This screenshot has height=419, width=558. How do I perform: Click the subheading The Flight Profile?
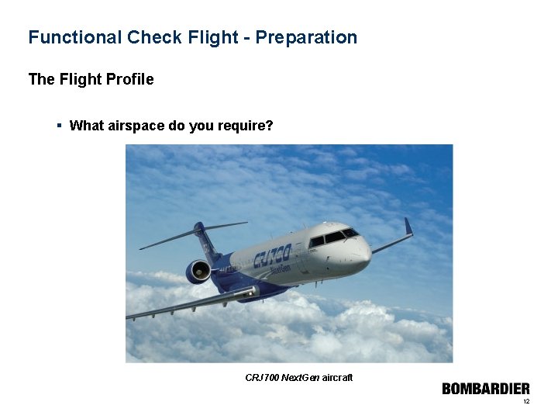[x=91, y=79]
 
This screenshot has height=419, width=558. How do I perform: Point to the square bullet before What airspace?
[x=60, y=125]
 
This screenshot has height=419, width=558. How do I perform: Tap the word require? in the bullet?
[x=246, y=126]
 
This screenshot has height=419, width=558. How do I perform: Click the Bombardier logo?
[x=486, y=389]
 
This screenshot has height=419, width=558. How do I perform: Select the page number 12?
[x=526, y=402]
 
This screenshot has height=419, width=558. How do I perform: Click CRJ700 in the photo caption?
[x=262, y=377]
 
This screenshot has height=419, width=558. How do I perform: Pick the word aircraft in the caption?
[x=336, y=377]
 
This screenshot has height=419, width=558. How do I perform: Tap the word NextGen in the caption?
[x=299, y=377]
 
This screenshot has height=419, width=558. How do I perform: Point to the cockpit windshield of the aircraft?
[x=333, y=237]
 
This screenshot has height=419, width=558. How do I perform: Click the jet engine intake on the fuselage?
[x=198, y=272]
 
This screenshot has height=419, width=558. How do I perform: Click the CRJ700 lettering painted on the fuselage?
[x=271, y=255]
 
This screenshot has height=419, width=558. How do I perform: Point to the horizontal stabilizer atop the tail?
[x=194, y=232]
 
